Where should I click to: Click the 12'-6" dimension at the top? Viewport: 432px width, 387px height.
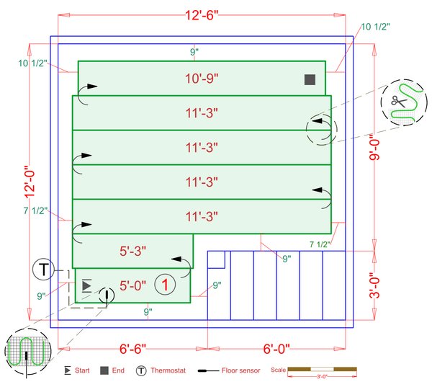(x=201, y=14)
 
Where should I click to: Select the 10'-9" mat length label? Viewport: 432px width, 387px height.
(x=201, y=78)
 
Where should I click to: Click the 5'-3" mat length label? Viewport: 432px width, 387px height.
(x=132, y=251)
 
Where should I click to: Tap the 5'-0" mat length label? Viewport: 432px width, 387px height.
(x=132, y=285)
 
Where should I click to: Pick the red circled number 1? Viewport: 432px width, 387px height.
(x=165, y=285)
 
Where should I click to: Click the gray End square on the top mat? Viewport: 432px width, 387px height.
(x=309, y=79)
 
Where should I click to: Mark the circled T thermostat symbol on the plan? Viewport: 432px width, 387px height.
(x=43, y=270)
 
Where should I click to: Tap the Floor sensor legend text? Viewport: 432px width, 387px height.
(x=240, y=370)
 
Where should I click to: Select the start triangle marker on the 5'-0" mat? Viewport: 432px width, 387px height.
(x=86, y=285)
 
